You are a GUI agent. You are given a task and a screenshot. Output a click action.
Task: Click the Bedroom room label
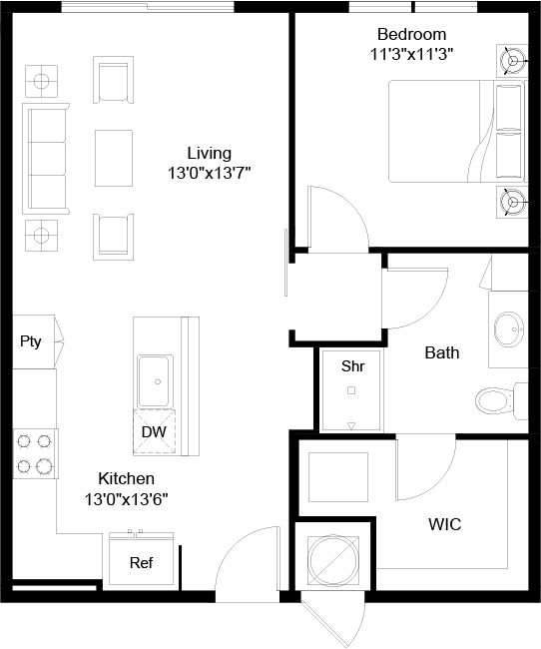pos(412,34)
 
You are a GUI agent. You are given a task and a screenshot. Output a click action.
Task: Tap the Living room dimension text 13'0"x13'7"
pos(210,173)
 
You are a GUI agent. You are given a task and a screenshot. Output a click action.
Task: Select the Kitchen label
pos(126,478)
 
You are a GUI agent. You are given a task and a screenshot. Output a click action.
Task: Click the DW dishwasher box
pos(154,432)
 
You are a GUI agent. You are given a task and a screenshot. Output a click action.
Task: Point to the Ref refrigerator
pos(141,562)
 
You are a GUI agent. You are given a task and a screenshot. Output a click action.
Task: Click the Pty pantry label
pos(31,341)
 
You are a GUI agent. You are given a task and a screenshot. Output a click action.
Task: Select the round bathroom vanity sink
pos(509,329)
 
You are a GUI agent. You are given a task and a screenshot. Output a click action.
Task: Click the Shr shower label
pos(352,365)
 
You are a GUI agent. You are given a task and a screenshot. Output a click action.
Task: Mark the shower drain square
pos(351,390)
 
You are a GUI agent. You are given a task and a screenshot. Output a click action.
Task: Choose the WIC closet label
pos(445,524)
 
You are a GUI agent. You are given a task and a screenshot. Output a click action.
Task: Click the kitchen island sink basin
pos(156,381)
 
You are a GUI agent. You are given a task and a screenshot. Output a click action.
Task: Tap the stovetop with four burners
pos(35,453)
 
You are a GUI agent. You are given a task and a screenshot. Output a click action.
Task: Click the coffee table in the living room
pos(114,158)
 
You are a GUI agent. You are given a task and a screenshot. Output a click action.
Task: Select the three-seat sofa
pos(46,159)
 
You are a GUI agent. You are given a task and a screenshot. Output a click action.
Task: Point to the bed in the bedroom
pos(456,131)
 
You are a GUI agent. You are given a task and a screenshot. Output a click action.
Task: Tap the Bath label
pos(442,352)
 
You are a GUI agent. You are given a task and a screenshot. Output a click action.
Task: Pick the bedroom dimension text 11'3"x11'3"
pos(412,54)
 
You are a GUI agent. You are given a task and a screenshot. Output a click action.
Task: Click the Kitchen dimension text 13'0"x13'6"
pos(126,499)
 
